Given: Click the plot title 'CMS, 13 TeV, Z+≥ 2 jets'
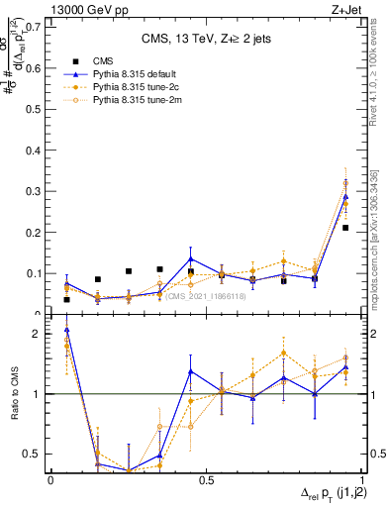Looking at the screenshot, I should pyautogui.click(x=206, y=40).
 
